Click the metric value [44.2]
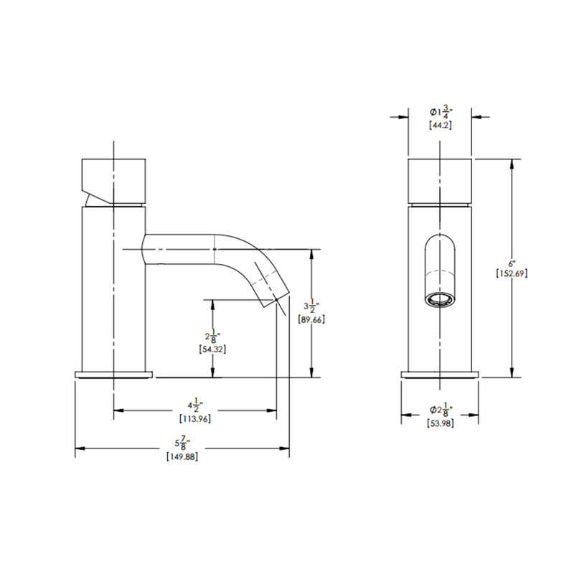[x=440, y=125]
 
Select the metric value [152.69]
[x=512, y=273]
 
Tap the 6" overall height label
[x=512, y=263]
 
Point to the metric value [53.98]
[x=440, y=422]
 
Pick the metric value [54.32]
[x=212, y=349]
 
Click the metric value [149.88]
[x=182, y=457]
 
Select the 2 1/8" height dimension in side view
[x=212, y=336]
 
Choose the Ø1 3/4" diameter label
[x=440, y=113]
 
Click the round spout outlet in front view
[x=439, y=299]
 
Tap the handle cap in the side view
[x=115, y=179]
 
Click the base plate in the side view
[x=115, y=374]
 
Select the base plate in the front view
[x=440, y=374]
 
